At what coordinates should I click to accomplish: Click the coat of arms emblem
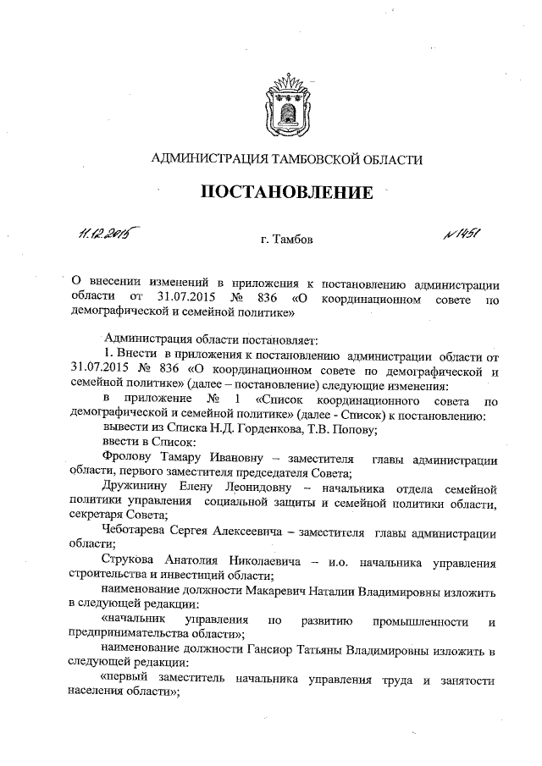pyautogui.click(x=287, y=102)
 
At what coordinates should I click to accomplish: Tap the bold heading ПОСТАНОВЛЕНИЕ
pyautogui.click(x=286, y=192)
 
